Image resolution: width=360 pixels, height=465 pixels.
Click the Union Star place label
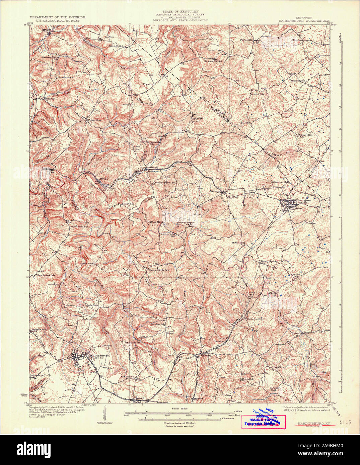click(92, 120)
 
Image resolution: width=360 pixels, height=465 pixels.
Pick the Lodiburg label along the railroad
click(150, 167)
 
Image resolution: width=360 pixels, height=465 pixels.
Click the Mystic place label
click(105, 179)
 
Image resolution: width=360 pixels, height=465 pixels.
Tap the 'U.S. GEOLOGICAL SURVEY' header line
click(57, 20)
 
